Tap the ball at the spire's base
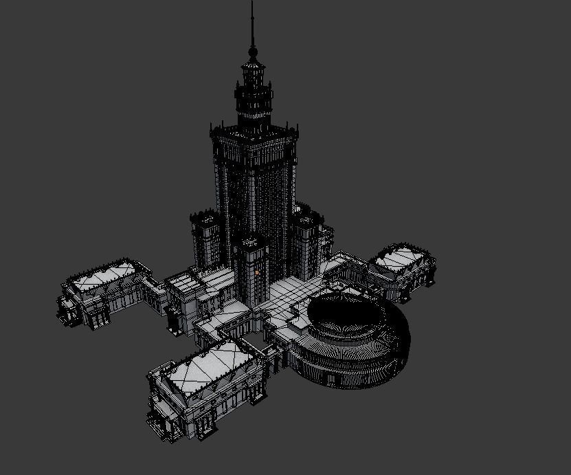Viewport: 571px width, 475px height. click(x=253, y=51)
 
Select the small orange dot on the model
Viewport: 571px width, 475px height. click(x=256, y=272)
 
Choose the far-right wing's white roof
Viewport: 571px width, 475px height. click(x=401, y=258)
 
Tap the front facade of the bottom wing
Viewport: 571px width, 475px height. click(x=206, y=409)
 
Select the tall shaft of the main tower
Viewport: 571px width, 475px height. click(x=254, y=186)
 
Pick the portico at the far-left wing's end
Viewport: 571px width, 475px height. click(x=69, y=309)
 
